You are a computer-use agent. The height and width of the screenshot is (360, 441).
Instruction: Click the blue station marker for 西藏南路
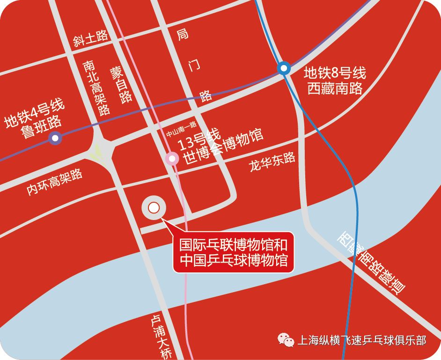click(284, 68)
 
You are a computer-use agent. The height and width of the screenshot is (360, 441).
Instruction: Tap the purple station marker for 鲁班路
click(56, 138)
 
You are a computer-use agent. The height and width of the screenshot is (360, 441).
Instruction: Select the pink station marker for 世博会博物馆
click(172, 159)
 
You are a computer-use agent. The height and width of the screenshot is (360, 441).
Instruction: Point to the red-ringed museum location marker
click(154, 207)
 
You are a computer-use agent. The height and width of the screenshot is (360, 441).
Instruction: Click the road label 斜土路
click(91, 38)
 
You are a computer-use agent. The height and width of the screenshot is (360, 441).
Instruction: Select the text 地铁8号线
click(334, 73)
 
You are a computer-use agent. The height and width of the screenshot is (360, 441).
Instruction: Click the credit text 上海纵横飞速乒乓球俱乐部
click(361, 340)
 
